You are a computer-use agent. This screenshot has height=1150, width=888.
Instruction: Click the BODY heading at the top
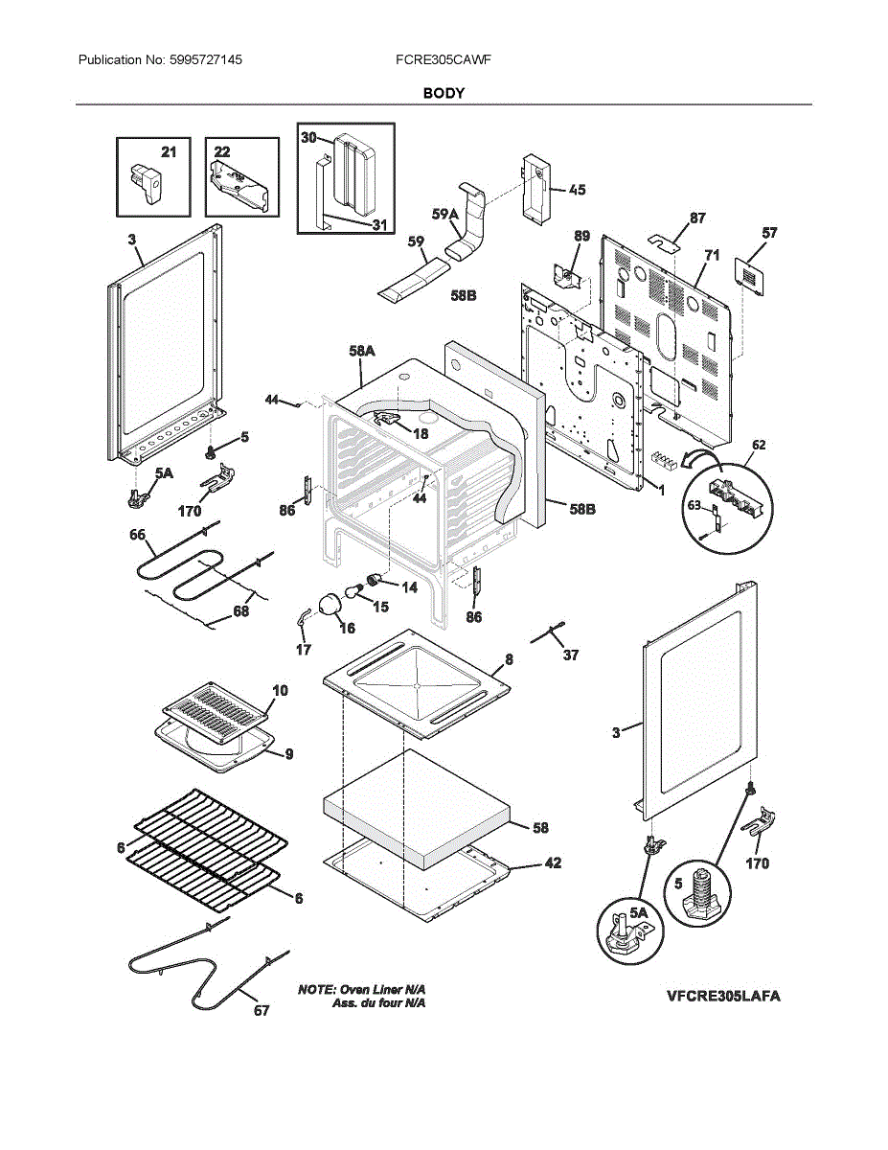tap(444, 93)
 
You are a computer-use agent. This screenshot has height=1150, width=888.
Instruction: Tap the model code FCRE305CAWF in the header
tap(444, 59)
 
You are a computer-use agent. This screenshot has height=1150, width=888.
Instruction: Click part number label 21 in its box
tap(169, 151)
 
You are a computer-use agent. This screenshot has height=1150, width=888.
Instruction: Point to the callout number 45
tap(577, 190)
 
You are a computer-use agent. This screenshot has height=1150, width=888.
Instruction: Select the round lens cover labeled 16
tap(329, 605)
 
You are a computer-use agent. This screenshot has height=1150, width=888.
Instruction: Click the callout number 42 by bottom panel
tap(553, 862)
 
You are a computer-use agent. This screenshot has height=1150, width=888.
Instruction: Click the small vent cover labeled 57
tap(749, 271)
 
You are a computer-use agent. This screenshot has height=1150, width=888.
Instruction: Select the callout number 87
tap(698, 218)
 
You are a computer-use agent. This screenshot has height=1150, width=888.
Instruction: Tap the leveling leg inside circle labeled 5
tap(704, 893)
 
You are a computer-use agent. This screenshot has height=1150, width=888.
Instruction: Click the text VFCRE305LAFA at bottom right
tap(723, 996)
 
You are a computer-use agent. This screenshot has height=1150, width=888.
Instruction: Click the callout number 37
tap(571, 655)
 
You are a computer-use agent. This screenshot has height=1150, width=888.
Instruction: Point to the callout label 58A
tap(361, 353)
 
